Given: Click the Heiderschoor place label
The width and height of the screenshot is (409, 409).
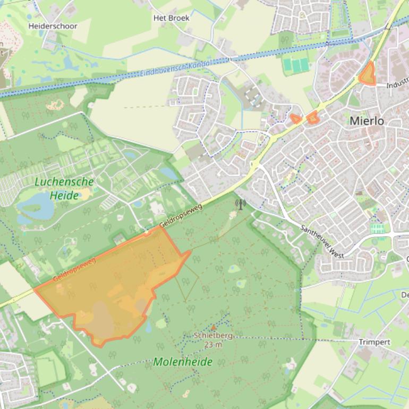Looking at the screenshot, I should [53, 26].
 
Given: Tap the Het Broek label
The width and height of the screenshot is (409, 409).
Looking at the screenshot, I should [171, 18].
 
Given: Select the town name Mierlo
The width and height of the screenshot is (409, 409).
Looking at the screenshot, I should [367, 121].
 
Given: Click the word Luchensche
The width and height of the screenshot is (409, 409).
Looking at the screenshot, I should [64, 182].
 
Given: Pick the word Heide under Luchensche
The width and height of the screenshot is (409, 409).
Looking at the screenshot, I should [64, 195].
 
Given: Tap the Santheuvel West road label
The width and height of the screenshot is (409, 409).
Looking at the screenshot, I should [321, 240].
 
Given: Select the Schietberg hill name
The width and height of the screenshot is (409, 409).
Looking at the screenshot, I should [214, 336].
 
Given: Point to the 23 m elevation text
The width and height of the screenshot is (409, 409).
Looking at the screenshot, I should [212, 344].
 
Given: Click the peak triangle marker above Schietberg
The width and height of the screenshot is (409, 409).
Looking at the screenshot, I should [214, 327].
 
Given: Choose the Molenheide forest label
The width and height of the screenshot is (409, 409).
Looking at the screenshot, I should [183, 362].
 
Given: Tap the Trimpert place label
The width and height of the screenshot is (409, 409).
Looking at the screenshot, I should [374, 342].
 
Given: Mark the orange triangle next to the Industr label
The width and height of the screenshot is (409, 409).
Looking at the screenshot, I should [367, 74].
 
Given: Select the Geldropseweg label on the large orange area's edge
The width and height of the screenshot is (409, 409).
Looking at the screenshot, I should [74, 270].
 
